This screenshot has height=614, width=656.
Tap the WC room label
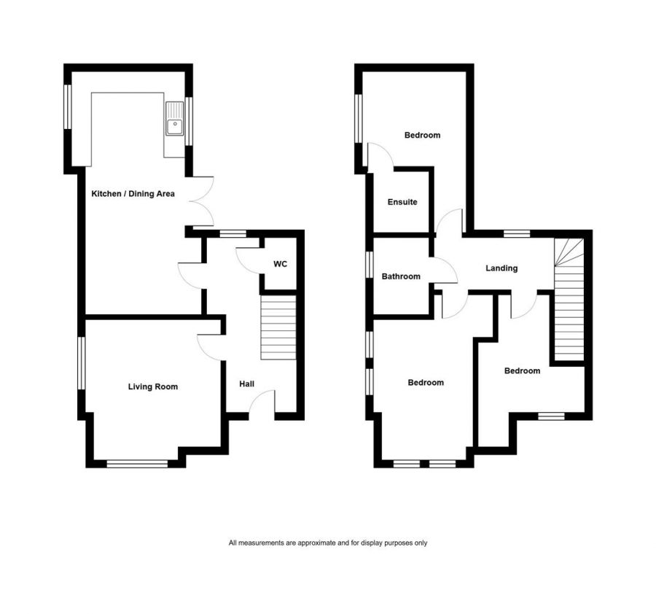[x=280, y=263]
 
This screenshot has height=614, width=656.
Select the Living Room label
[x=153, y=386]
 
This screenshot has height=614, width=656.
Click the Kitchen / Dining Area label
[x=133, y=194]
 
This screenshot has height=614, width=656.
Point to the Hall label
[x=246, y=384]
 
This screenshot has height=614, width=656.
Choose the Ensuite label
[x=402, y=202]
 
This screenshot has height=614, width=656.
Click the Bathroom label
[x=401, y=276]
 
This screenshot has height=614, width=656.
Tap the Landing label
[x=501, y=268]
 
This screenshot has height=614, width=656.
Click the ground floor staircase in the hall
[x=278, y=328]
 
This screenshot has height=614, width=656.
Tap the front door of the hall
[x=264, y=403]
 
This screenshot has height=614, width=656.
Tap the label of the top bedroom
[x=423, y=135]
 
